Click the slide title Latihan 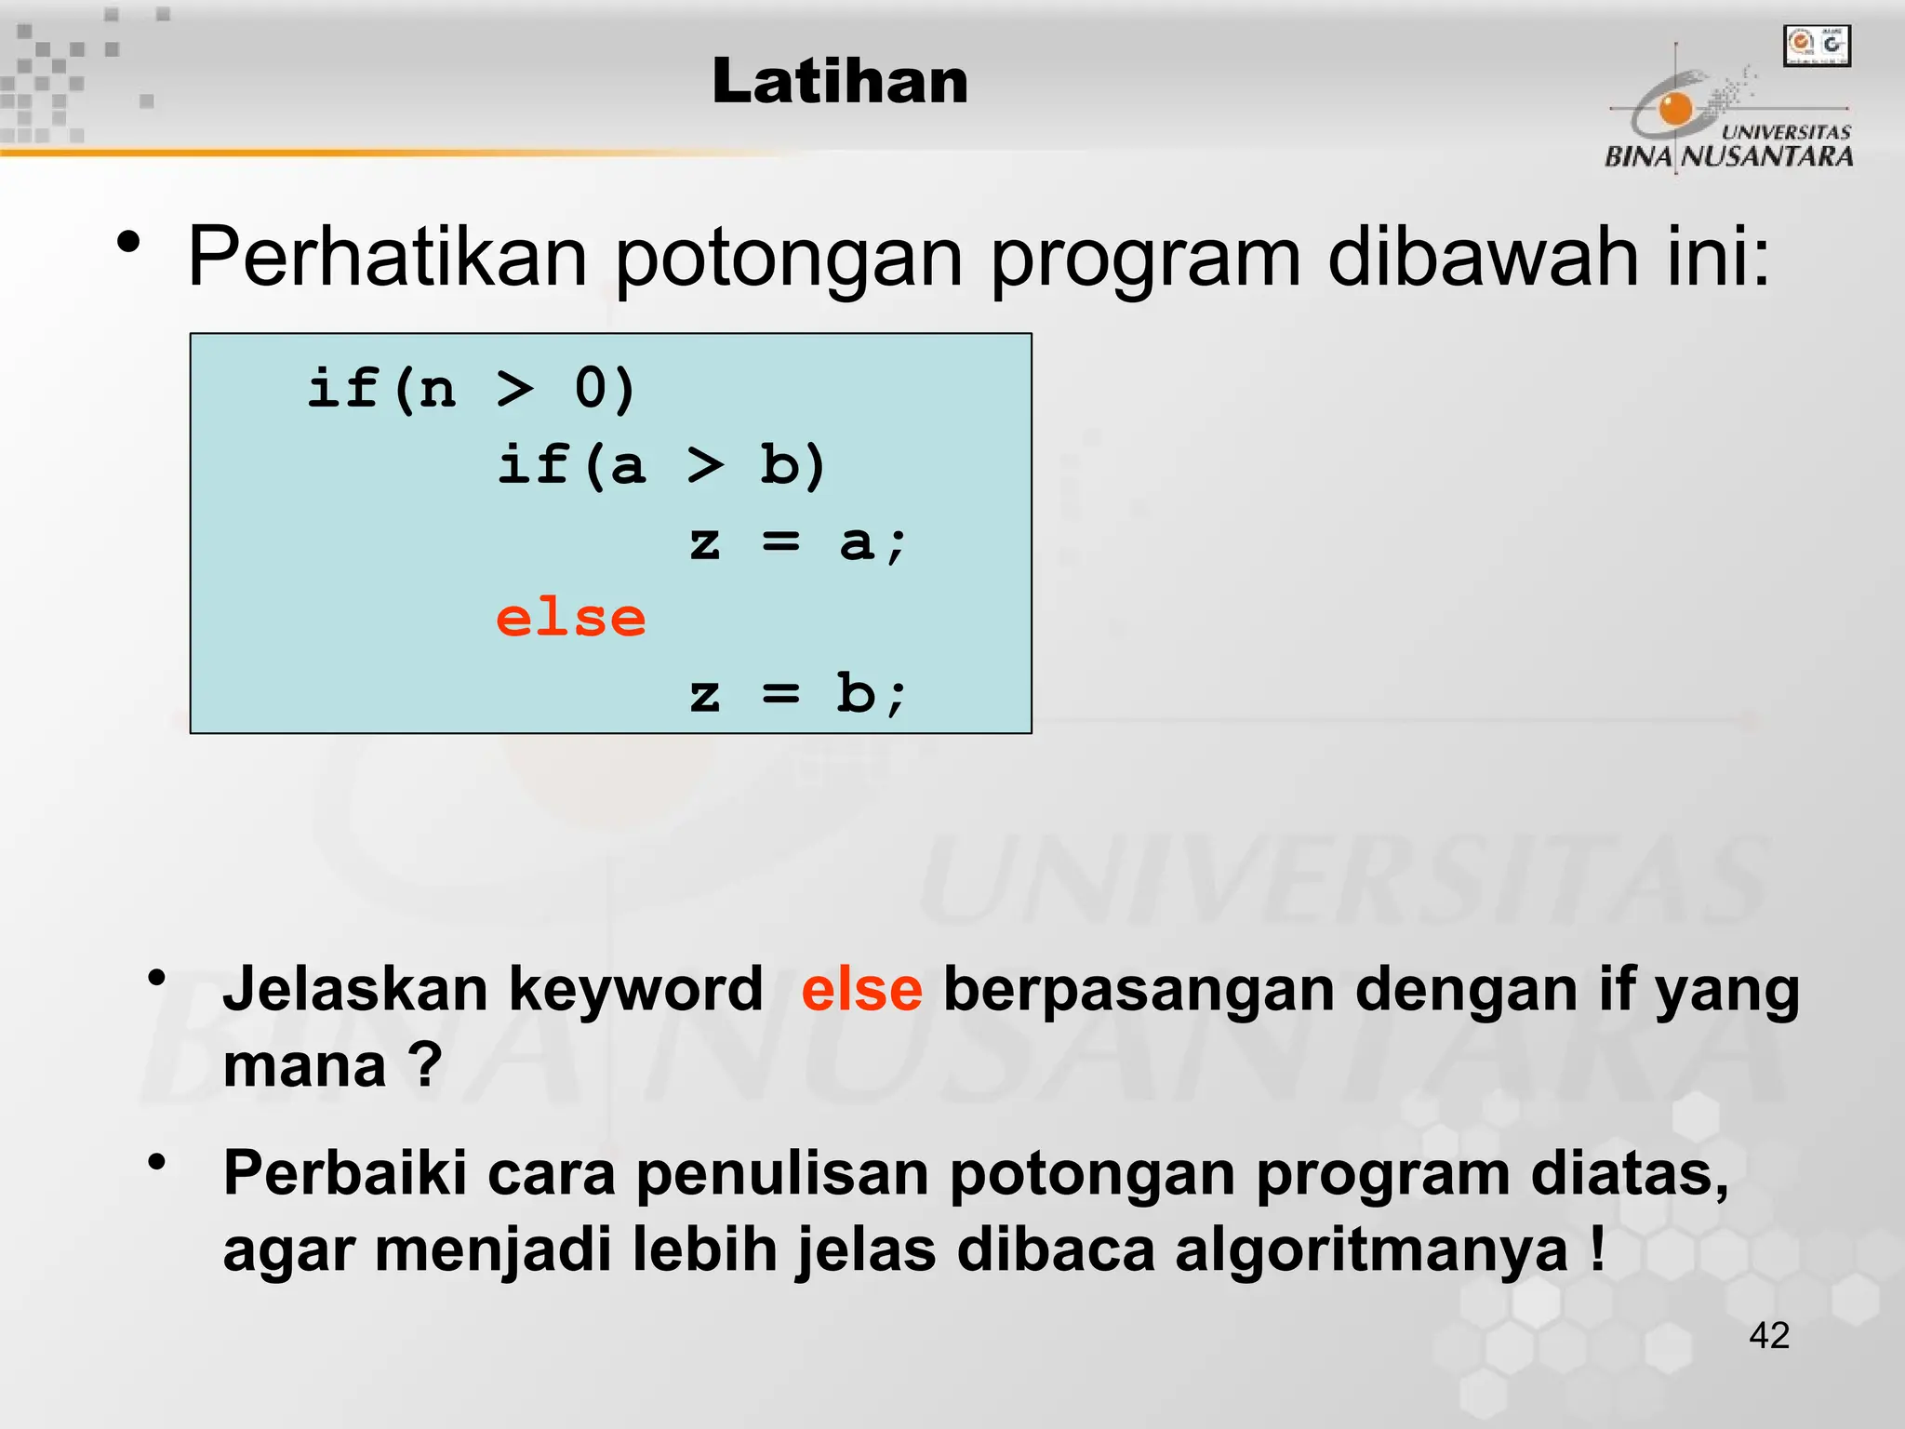tap(840, 82)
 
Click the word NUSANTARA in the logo tap(1767, 156)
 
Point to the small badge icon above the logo tap(1817, 46)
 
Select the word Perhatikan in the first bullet tap(387, 257)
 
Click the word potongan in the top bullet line tap(789, 259)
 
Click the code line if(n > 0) tap(472, 388)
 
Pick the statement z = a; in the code tap(797, 542)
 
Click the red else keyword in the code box tap(570, 619)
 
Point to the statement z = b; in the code tap(797, 695)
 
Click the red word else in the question tap(861, 989)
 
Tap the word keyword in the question tap(636, 989)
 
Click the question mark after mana tap(425, 1065)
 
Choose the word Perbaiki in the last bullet tap(344, 1173)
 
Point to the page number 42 tap(1768, 1335)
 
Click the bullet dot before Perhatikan tap(129, 244)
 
